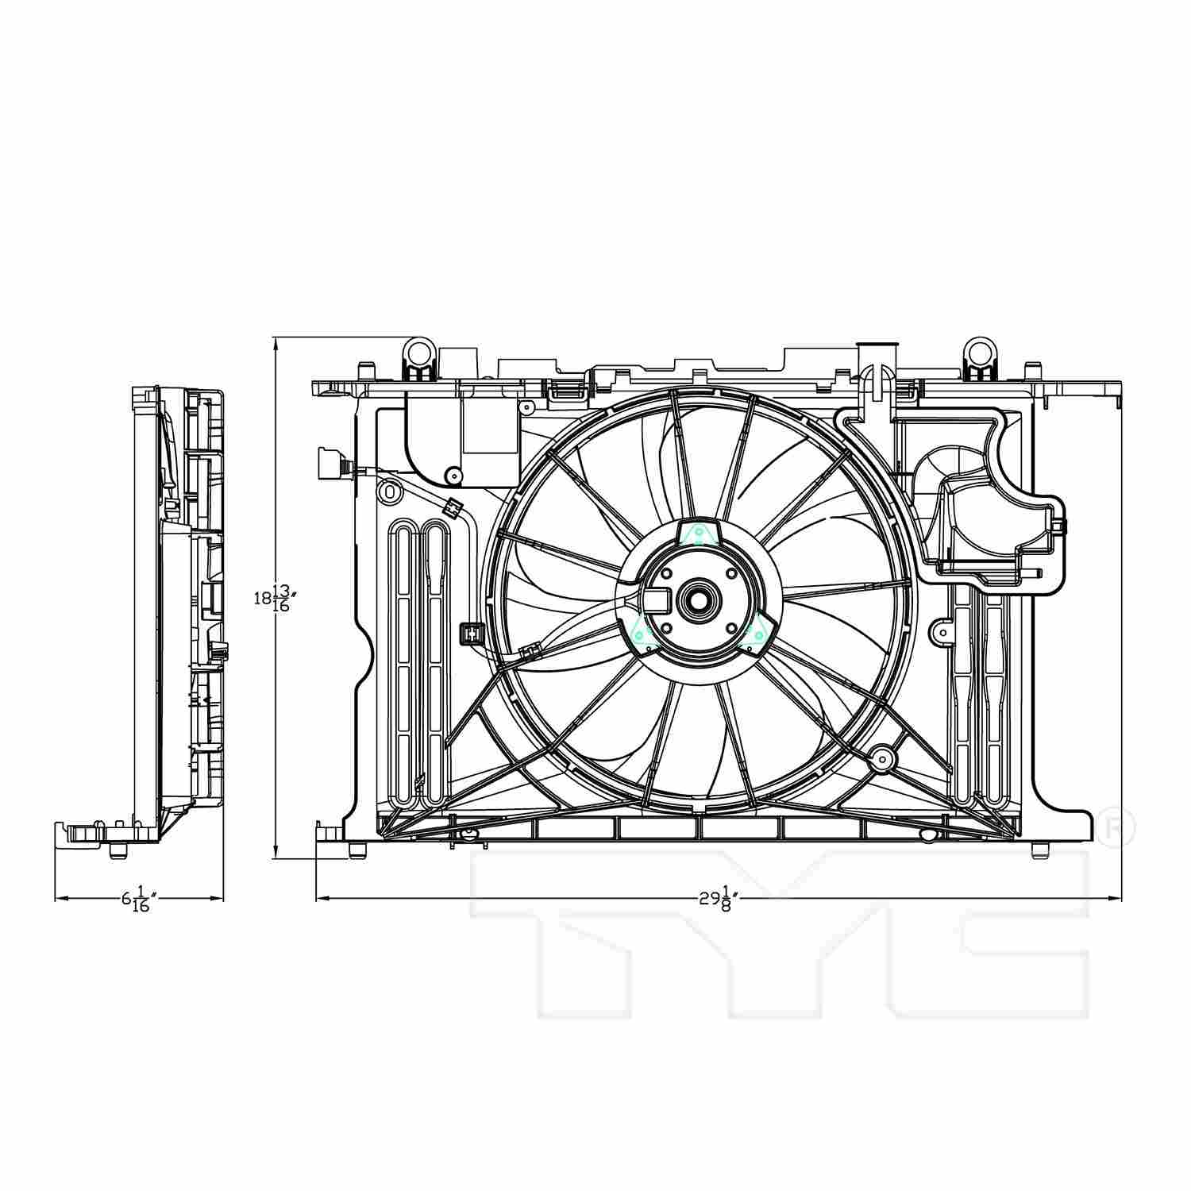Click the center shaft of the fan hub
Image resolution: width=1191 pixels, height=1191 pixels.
[698, 599]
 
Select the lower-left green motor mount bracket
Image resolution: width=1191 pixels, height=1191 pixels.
[642, 633]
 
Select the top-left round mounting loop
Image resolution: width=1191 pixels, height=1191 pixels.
[420, 350]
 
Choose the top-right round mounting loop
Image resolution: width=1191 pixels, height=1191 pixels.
[981, 350]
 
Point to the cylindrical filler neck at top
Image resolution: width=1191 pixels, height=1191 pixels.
[878, 359]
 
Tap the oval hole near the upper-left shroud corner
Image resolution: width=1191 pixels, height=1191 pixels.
[390, 491]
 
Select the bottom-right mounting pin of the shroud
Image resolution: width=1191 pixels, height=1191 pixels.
[1039, 851]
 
